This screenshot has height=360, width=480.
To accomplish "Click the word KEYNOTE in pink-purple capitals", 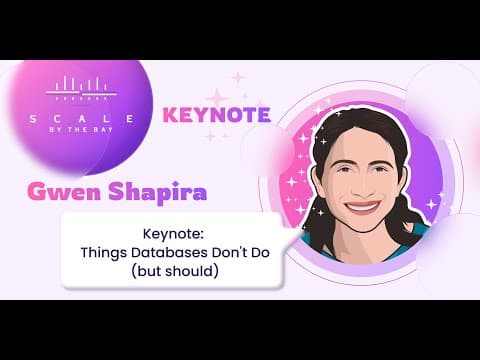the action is pyautogui.click(x=217, y=115).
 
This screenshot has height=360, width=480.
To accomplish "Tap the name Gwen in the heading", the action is pyautogui.click(x=64, y=192).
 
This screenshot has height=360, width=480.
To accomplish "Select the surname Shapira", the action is pyautogui.click(x=157, y=192).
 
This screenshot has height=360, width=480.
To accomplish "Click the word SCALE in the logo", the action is pyautogui.click(x=81, y=119).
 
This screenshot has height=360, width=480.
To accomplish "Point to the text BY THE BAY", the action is pyautogui.click(x=81, y=130).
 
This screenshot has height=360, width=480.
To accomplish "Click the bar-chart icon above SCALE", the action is pyautogui.click(x=81, y=88).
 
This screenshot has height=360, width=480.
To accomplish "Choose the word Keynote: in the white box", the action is pyautogui.click(x=173, y=234).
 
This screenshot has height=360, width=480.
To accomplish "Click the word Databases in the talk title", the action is pyautogui.click(x=169, y=253).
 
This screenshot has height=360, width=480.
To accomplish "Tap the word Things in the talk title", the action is pyautogui.click(x=104, y=253).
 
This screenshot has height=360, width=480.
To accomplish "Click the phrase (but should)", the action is pyautogui.click(x=175, y=271).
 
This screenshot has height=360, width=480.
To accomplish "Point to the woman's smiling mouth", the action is pyautogui.click(x=363, y=207).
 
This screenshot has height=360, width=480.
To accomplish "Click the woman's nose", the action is pyautogui.click(x=361, y=185).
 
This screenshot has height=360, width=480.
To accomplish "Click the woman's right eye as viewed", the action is pyautogui.click(x=379, y=169).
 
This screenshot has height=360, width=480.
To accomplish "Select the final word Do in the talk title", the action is pyautogui.click(x=260, y=253).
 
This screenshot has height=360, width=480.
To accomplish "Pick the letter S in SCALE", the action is pyautogui.click(x=33, y=119).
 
